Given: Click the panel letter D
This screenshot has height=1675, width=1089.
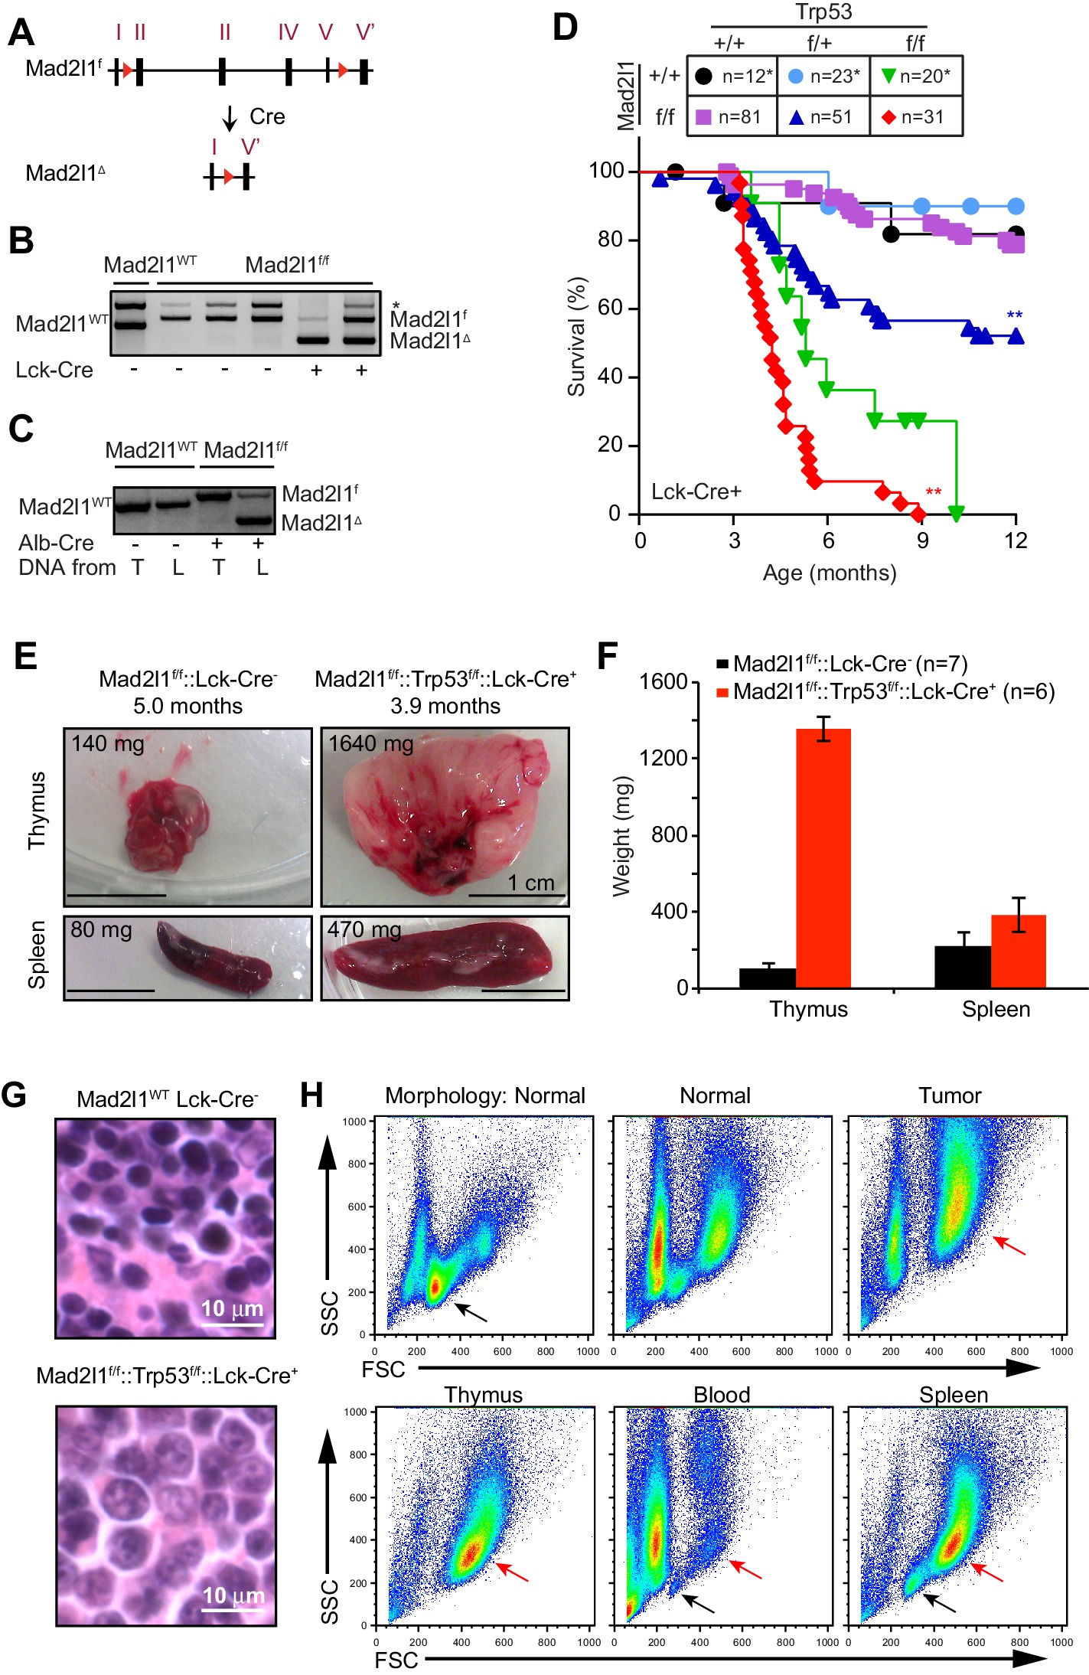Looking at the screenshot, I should [565, 28].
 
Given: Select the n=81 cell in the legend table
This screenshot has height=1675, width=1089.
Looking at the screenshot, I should [732, 117].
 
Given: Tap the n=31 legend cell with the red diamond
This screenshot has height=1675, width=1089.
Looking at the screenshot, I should [915, 117].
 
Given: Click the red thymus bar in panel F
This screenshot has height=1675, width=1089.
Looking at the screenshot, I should [823, 857].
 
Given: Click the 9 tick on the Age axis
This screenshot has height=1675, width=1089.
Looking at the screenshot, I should [921, 541].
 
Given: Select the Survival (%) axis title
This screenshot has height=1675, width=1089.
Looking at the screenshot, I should [576, 337].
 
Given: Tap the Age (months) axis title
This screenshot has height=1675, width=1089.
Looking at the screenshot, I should [830, 573].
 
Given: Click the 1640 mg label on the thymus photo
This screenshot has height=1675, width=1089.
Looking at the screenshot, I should [371, 743].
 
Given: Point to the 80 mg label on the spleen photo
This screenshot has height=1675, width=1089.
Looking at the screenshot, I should [101, 930].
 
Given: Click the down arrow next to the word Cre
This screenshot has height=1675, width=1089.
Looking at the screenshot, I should [230, 119].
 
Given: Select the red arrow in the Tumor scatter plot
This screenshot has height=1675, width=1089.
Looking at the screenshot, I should [1009, 1246].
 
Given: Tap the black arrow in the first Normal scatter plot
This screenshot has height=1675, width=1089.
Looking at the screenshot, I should [471, 1312].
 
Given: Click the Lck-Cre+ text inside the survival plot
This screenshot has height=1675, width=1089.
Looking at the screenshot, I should [696, 491].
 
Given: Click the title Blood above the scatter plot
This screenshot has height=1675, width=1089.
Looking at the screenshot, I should [721, 1395].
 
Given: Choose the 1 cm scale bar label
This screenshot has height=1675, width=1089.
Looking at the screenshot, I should [531, 883].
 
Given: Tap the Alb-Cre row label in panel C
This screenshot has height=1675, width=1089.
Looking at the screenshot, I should [56, 543].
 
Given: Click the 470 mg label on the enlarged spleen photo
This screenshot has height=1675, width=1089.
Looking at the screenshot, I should [364, 930].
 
